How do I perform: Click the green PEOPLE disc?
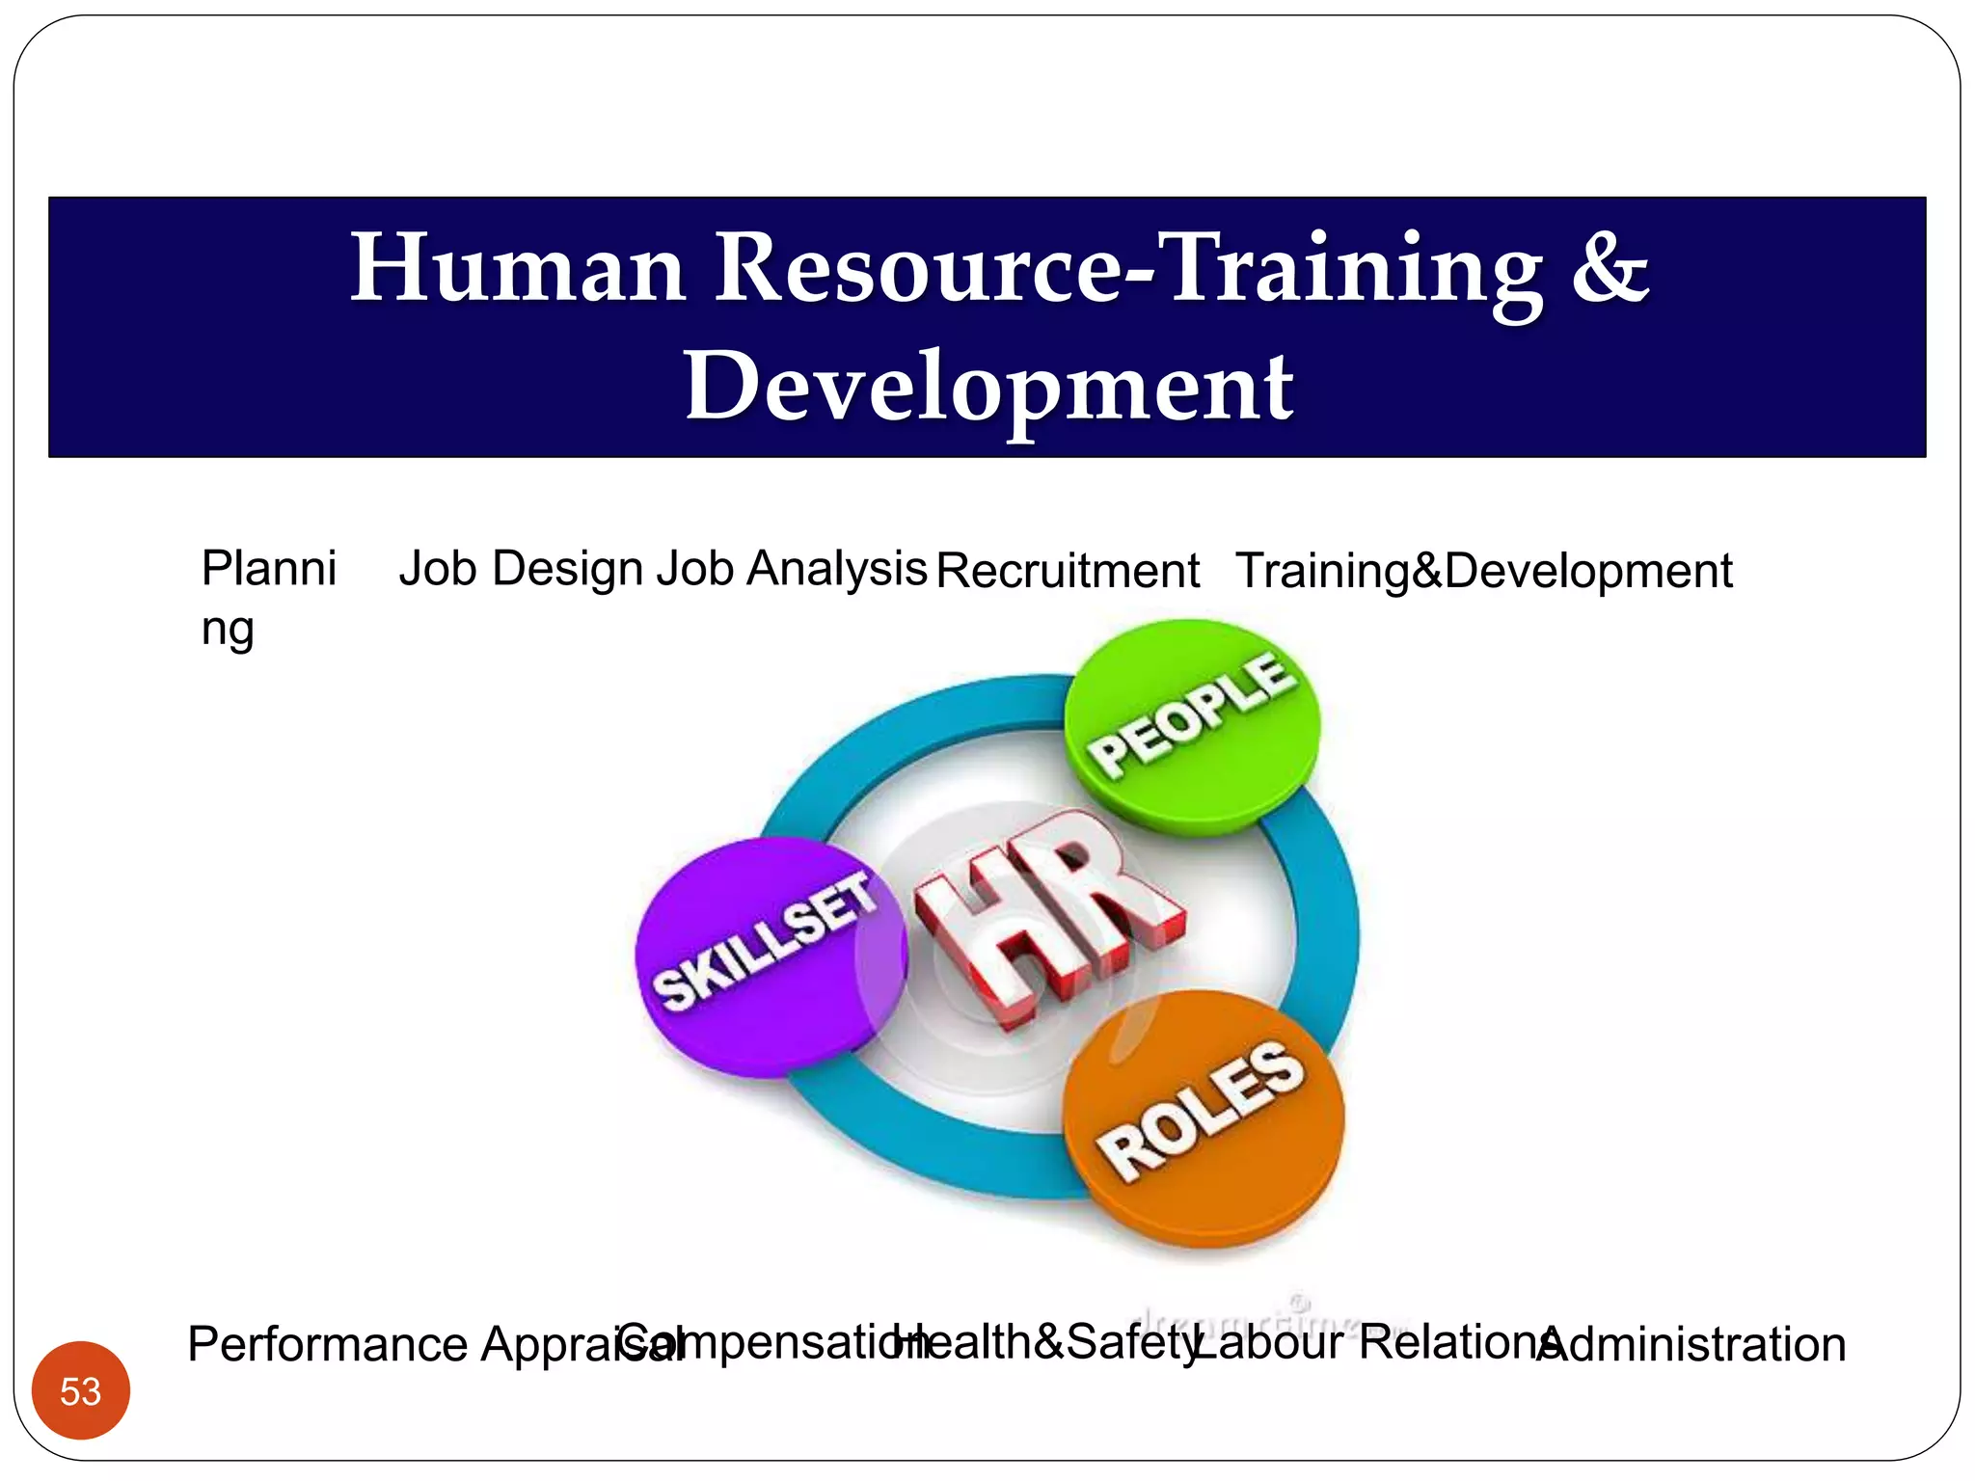(x=1192, y=725)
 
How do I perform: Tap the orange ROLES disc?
(x=1203, y=1118)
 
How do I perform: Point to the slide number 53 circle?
(x=80, y=1390)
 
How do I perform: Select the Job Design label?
(x=521, y=569)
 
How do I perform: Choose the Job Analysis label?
(x=791, y=569)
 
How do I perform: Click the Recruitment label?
(x=1068, y=571)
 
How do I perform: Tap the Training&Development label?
(x=1483, y=571)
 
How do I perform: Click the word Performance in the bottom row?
(x=328, y=1344)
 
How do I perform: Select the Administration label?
(x=1692, y=1344)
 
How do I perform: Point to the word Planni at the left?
(x=268, y=568)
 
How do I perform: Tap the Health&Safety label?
(x=1046, y=1342)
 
